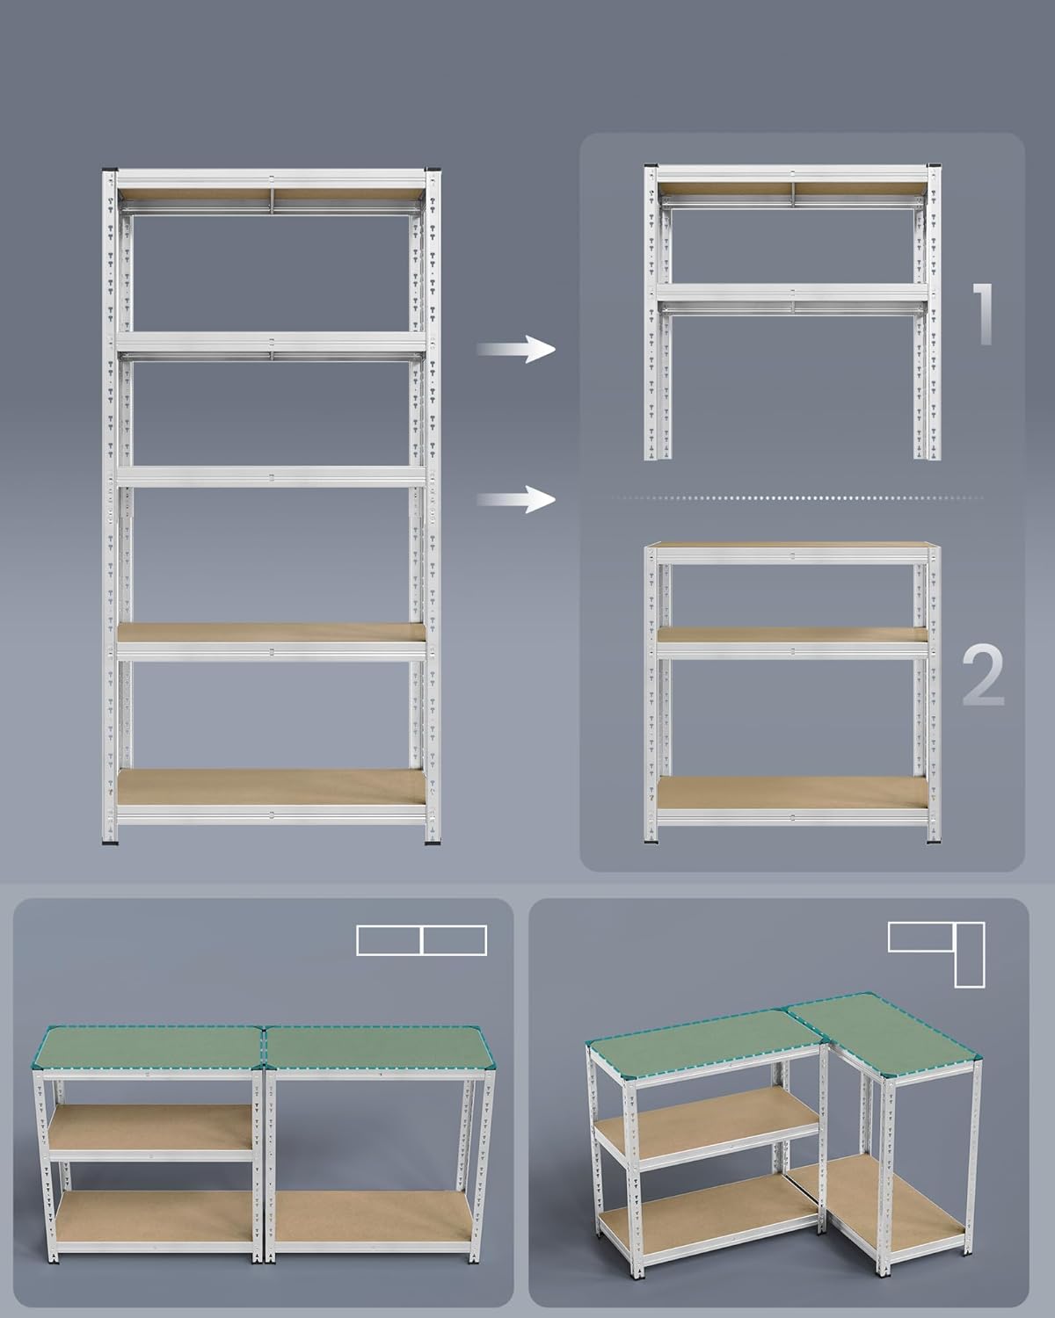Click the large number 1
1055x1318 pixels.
point(983,315)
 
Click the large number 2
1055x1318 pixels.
point(983,676)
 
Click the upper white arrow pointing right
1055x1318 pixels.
point(516,349)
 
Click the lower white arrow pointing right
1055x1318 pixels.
point(516,499)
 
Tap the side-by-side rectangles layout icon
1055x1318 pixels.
point(422,940)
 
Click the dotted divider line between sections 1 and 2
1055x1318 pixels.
point(797,498)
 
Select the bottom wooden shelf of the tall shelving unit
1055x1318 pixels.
point(272,787)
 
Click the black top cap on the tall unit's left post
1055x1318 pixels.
point(110,169)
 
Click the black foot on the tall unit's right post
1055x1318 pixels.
point(433,842)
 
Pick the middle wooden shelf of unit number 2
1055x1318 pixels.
point(793,634)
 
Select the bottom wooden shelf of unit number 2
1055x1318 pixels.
point(793,793)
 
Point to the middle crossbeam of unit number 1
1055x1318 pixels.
point(793,292)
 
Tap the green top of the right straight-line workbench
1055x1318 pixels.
point(380,1048)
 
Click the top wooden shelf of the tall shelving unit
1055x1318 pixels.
point(272,193)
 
